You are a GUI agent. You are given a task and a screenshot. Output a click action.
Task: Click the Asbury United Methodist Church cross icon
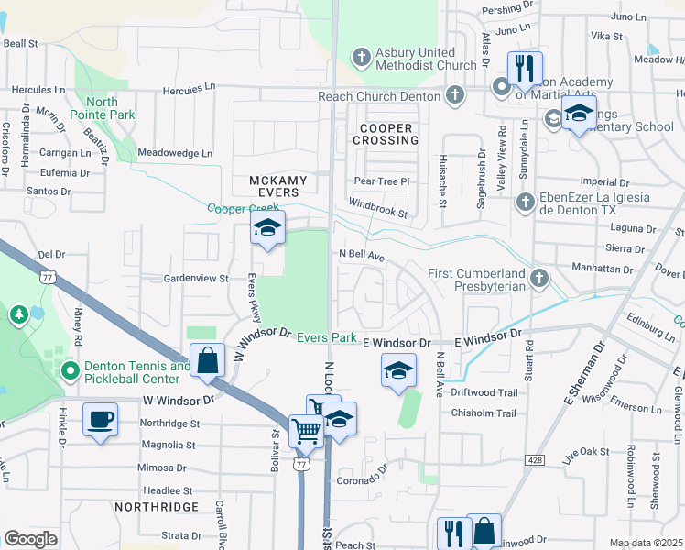pos(362,59)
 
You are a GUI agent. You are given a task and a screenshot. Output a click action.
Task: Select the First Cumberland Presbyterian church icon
pos(540,278)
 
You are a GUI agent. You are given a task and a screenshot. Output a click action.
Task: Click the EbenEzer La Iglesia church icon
pos(525,202)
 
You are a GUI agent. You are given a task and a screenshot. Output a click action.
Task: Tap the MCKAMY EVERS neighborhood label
pos(275,187)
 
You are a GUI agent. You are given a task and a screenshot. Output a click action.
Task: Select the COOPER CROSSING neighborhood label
pos(388,135)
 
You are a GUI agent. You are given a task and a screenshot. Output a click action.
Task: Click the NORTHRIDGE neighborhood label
pos(157,506)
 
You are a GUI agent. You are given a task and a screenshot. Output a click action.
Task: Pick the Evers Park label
pos(326,337)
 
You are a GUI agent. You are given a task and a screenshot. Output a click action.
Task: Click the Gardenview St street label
pos(195,277)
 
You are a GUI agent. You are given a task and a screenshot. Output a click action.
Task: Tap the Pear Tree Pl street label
pos(381,181)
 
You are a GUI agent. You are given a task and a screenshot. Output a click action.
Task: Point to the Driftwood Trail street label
pos(484,392)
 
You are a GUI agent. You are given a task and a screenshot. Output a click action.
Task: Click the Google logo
pos(30,539)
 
